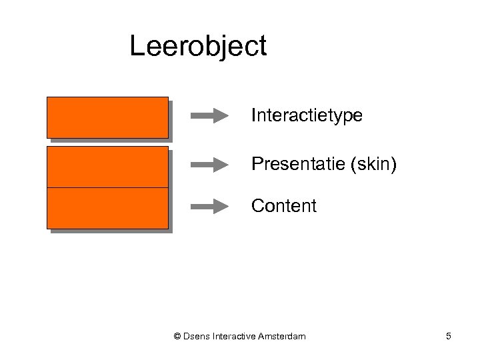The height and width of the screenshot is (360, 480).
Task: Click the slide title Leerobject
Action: click(x=198, y=47)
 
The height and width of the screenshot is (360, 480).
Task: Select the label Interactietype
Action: click(x=307, y=116)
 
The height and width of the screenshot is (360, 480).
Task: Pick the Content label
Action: click(x=284, y=206)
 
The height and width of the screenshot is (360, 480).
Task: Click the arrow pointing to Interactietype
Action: click(x=209, y=117)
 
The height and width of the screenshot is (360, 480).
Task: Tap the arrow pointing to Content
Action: click(x=209, y=207)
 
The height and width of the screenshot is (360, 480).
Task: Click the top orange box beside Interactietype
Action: click(x=107, y=117)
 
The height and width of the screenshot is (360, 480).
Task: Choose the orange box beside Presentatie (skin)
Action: click(x=107, y=167)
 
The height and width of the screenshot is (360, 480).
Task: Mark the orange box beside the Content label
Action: click(x=107, y=208)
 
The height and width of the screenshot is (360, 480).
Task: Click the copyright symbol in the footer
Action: click(x=177, y=337)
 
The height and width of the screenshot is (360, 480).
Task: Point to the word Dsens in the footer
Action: click(x=197, y=337)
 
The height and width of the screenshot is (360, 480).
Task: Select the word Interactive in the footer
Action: click(x=234, y=337)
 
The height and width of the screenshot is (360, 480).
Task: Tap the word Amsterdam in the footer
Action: click(x=281, y=337)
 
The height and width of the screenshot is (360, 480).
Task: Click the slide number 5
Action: click(x=449, y=337)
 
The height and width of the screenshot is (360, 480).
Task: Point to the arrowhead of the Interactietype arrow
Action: click(x=222, y=117)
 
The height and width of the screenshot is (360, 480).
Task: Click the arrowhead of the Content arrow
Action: click(x=222, y=207)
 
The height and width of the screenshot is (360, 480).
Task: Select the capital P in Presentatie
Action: click(x=257, y=164)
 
